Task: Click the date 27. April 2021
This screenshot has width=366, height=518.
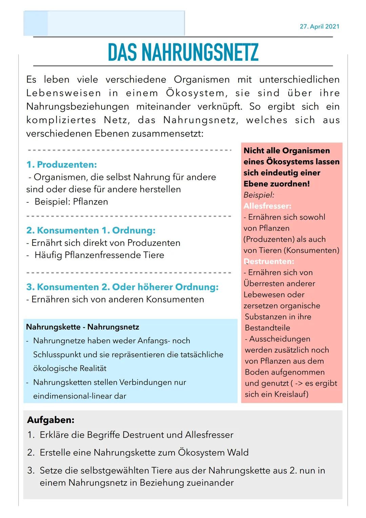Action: [319, 26]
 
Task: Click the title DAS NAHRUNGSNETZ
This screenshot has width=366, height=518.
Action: [183, 52]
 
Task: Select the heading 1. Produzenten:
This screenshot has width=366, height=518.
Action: [61, 165]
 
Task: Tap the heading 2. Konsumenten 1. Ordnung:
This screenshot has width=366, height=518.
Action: [91, 231]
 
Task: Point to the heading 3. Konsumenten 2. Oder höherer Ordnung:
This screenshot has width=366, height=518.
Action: [122, 287]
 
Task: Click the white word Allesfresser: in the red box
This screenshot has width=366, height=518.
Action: [267, 206]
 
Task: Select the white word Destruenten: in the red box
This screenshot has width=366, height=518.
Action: [269, 261]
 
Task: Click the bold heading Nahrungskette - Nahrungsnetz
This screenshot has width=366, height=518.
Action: [82, 327]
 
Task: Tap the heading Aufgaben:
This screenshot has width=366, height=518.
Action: [50, 420]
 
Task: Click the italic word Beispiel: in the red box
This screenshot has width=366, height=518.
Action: [259, 195]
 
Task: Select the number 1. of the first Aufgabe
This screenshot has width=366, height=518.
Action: [31, 435]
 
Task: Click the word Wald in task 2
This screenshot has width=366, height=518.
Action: [238, 453]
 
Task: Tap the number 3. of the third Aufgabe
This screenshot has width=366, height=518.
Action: [31, 471]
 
